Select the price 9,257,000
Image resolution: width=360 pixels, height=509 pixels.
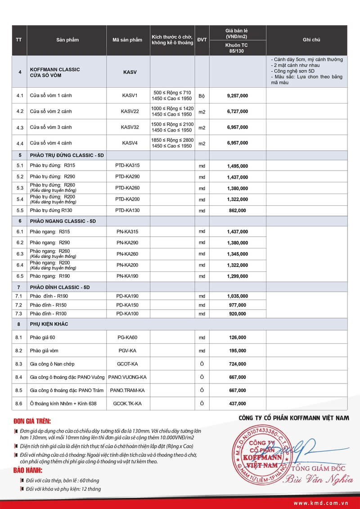pos(237,96)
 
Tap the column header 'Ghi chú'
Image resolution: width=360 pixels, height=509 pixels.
pos(311,40)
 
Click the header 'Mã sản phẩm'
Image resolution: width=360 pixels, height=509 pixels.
pos(127,40)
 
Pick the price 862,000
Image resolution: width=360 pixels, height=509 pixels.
pos(237,210)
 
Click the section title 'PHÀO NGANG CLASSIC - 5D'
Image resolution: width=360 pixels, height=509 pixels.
pos(63,221)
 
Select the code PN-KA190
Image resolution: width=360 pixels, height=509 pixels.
pos(127,275)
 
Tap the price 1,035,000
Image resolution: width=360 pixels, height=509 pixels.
pos(237,296)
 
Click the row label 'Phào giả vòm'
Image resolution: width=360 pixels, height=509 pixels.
pos(44,351)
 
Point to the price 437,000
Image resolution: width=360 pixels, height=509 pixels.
pos(237,404)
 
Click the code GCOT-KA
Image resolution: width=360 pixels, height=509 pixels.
pos(127,364)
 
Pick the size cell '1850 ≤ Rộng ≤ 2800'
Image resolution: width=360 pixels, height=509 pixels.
pos(172,140)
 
